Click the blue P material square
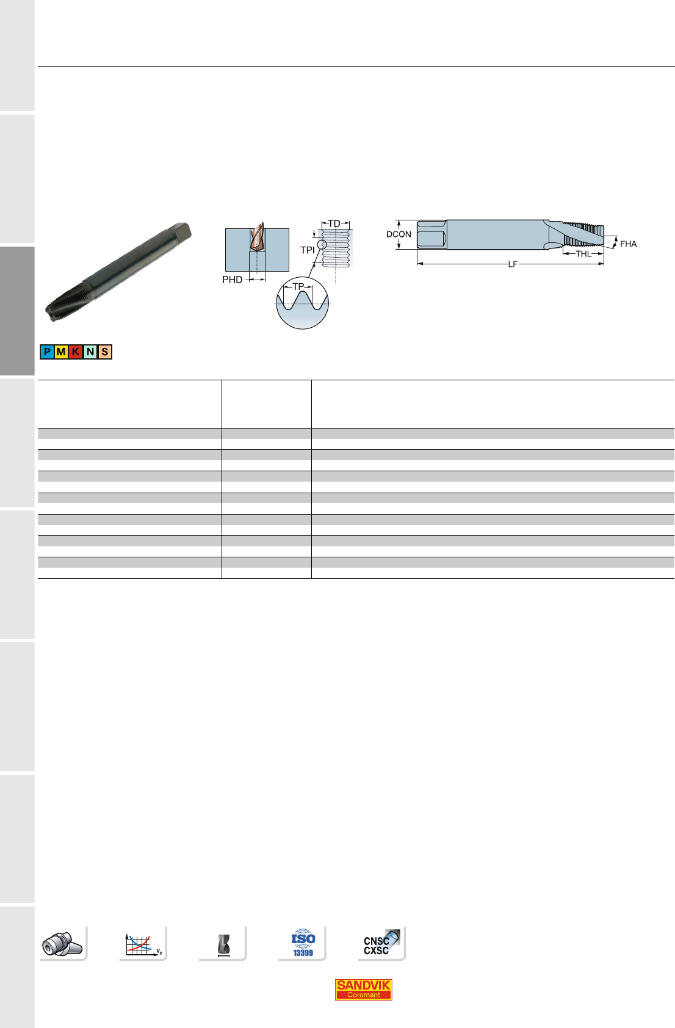(47, 352)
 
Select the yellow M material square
(62, 352)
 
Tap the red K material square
(76, 352)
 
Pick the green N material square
(90, 352)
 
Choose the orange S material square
(104, 352)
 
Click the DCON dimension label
(399, 234)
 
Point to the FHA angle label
(628, 244)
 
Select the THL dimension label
(583, 254)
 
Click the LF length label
(513, 264)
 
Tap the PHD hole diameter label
(232, 280)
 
